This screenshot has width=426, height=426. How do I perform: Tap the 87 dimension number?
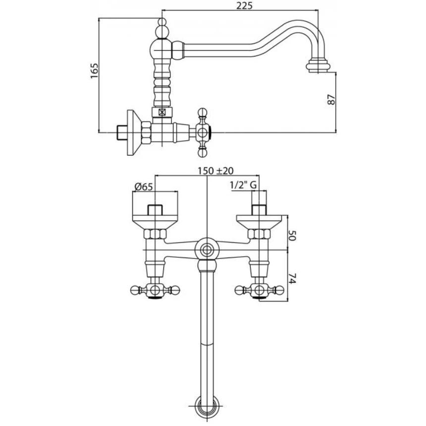coord(332,99)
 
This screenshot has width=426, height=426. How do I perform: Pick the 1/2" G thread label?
coord(243,186)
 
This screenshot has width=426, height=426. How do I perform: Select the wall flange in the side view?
coord(133,132)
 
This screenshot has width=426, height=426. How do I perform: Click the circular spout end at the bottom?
coord(207,407)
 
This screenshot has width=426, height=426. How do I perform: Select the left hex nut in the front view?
coord(155,234)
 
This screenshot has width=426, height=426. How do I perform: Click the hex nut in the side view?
coord(147,132)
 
